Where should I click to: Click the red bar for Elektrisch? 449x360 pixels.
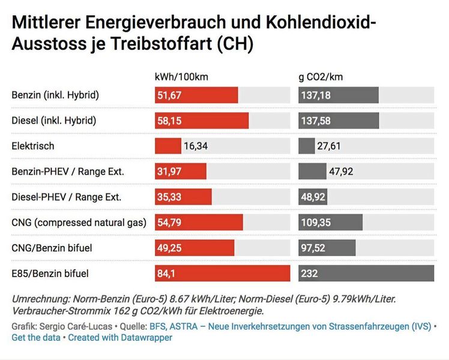pos(167,146)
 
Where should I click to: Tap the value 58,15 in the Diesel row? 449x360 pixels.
pos(169,121)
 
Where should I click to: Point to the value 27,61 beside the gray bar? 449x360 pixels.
pos(332,146)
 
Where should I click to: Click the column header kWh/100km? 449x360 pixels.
pos(181,77)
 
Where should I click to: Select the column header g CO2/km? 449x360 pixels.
pos(321,77)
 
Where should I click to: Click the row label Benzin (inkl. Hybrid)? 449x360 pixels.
pos(55,95)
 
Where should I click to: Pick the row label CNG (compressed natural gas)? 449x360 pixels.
pos(79,223)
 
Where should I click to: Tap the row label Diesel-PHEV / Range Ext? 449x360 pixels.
pos(67,197)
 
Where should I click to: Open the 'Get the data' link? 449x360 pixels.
pos(35,338)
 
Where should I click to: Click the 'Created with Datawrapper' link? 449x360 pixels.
pos(120,338)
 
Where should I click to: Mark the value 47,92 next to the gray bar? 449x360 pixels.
pos(341,172)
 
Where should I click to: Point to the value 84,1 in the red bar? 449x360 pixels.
pos(167,274)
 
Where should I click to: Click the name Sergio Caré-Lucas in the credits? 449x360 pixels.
pos(71,326)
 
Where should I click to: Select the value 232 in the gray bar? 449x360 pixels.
pos(310,274)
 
